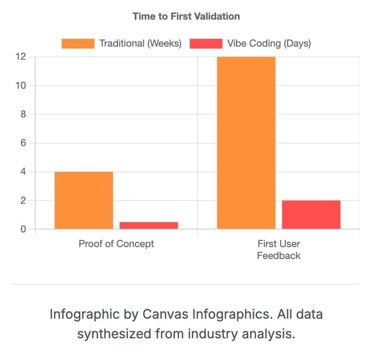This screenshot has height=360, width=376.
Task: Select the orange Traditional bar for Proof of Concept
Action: tap(84, 200)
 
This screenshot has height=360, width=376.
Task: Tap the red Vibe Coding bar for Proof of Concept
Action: tap(149, 225)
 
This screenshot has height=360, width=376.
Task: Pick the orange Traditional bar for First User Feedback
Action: tap(246, 143)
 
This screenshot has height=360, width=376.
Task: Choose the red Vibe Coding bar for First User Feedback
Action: tap(311, 214)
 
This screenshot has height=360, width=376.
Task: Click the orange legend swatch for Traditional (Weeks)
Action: tap(78, 43)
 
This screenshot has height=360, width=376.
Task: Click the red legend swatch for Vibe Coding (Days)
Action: tap(206, 43)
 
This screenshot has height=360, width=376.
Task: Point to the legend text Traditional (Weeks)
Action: tap(140, 43)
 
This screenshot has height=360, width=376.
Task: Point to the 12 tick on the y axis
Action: tap(21, 57)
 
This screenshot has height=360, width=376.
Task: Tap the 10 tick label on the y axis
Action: tap(21, 85)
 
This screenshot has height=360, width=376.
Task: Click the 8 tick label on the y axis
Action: tap(23, 114)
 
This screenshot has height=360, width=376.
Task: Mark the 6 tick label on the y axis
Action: tap(23, 143)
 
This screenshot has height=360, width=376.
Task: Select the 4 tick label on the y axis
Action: tap(23, 171)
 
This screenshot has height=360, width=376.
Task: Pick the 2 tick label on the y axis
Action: tap(23, 200)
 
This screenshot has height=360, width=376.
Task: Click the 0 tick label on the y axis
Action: tap(23, 229)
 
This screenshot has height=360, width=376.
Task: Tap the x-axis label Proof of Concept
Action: tap(116, 243)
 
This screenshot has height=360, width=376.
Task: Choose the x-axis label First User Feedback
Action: tap(278, 249)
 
